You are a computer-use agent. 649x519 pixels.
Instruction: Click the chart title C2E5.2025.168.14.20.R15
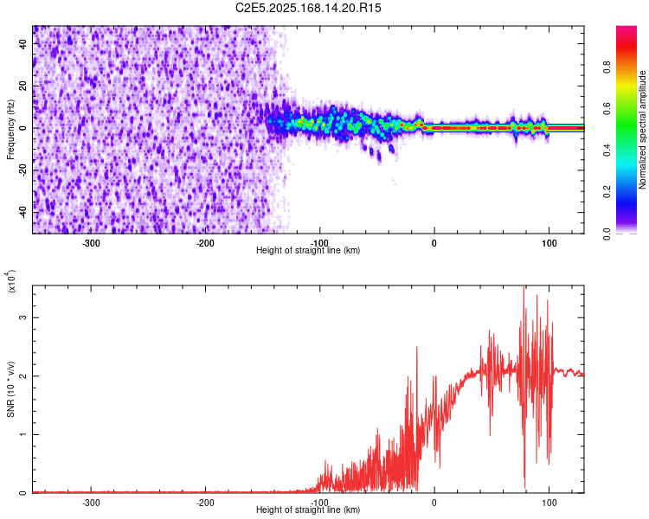[309, 8]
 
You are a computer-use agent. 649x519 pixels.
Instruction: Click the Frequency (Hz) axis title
[10, 128]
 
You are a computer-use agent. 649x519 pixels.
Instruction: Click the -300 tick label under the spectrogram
[92, 243]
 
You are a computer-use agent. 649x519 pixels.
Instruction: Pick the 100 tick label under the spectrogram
[549, 243]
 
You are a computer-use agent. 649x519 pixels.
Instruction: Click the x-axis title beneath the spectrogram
[308, 251]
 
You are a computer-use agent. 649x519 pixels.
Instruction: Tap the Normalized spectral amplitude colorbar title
[643, 130]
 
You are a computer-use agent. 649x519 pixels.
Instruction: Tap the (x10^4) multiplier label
[10, 282]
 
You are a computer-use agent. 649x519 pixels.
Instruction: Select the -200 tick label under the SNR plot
[206, 503]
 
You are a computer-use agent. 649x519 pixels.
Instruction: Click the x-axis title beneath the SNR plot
[308, 510]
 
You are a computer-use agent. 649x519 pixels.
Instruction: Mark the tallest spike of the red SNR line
[524, 289]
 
